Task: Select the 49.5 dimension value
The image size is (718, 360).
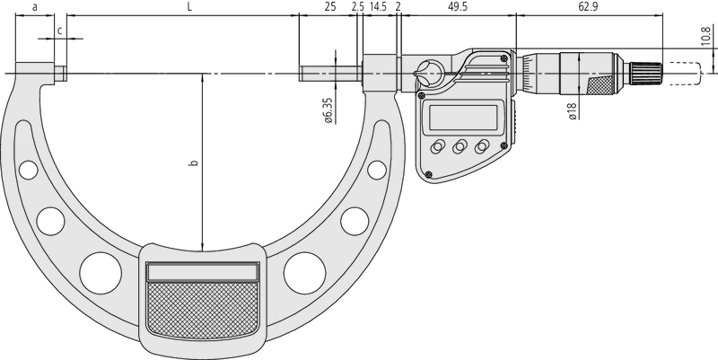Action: click(458, 7)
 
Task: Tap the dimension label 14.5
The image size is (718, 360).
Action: click(378, 7)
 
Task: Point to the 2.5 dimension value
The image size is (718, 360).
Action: click(358, 7)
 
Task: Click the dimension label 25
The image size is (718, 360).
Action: click(329, 7)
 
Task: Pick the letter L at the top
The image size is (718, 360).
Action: click(190, 7)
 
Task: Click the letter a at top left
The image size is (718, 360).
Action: click(35, 7)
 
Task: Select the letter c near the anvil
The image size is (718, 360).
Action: click(59, 31)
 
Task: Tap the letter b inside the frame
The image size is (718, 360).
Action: click(194, 162)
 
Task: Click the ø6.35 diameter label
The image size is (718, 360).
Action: click(328, 110)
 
